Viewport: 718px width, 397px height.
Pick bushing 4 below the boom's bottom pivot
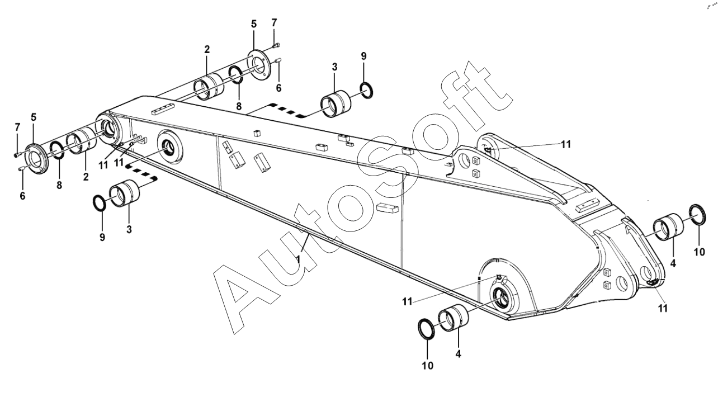pyautogui.click(x=454, y=318)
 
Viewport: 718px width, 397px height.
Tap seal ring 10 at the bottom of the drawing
pyautogui.click(x=428, y=329)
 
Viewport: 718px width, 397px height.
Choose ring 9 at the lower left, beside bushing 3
pyautogui.click(x=99, y=204)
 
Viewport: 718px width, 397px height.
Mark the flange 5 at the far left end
pyautogui.click(x=38, y=159)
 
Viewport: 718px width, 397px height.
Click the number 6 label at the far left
pyautogui.click(x=23, y=196)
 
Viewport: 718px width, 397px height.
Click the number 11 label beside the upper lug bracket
pyautogui.click(x=566, y=144)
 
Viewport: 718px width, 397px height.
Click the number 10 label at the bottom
pyautogui.click(x=427, y=366)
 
